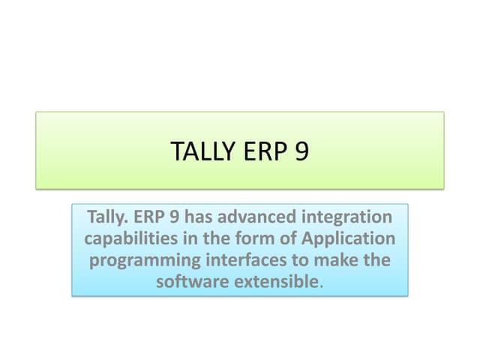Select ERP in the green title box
tap(262, 151)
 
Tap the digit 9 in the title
tap(301, 151)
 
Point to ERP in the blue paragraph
tap(149, 218)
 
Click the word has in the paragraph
tap(197, 218)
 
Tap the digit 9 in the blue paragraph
tap(172, 218)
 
